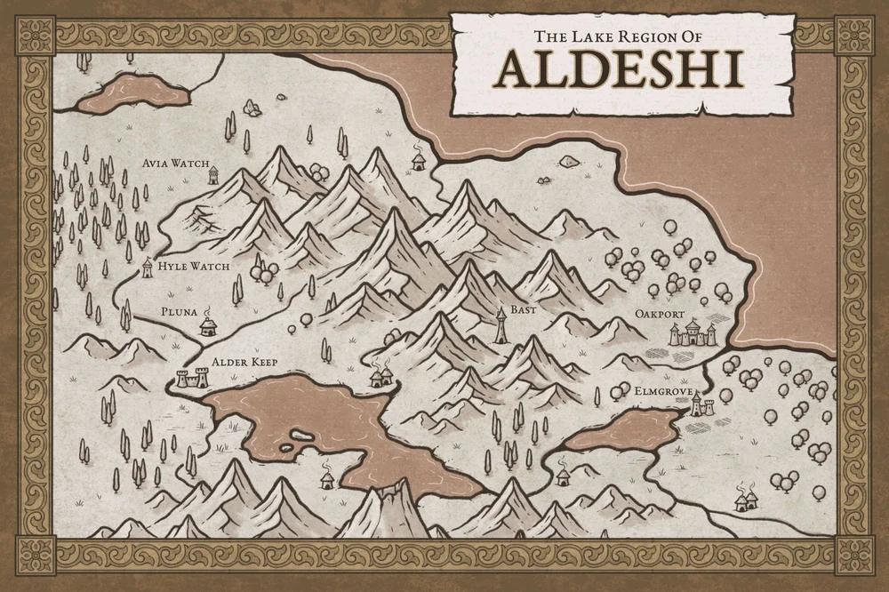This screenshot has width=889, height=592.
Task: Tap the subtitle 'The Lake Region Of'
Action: (619, 36)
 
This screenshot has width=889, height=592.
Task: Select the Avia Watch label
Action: (175, 164)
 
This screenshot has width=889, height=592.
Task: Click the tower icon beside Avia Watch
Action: (213, 175)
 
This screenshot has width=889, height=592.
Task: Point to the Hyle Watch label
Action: (193, 266)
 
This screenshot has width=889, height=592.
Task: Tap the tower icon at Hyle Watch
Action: (148, 268)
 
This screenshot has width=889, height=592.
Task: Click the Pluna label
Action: (179, 312)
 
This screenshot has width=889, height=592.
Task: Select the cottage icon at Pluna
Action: (208, 326)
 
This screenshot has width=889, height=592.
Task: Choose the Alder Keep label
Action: (239, 363)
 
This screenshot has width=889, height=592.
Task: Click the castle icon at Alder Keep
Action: (191, 379)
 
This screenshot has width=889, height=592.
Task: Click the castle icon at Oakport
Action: (693, 335)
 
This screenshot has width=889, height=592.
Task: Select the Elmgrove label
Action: (659, 389)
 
